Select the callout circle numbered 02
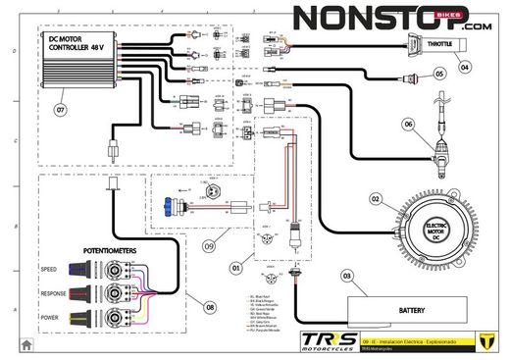374,198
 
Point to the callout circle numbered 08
209,306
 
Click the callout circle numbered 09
208,245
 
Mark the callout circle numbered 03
345,277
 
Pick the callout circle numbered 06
410,124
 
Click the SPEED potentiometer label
49,269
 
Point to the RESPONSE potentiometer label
54,293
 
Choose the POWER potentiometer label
50,318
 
